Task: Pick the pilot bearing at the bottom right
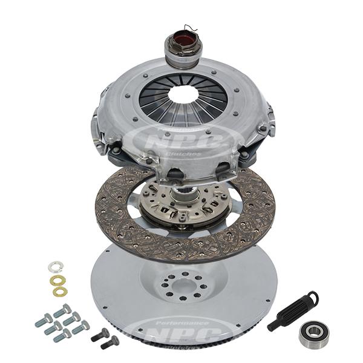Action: pos(314,331)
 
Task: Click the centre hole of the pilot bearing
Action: pos(314,331)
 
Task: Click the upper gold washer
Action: pos(59,281)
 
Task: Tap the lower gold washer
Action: pos(59,292)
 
